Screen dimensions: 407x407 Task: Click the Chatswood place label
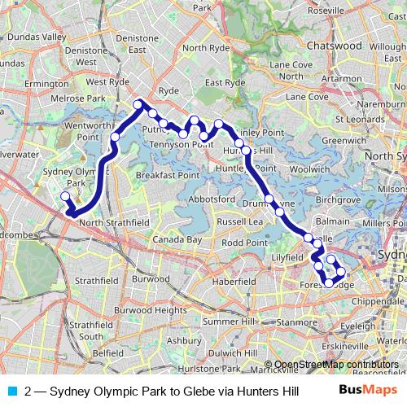coord(335,46)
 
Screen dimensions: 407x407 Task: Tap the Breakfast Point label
coord(168,175)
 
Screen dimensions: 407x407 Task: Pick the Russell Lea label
coord(240,221)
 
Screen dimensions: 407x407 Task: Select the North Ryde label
coord(206,48)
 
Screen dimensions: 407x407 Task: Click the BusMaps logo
coord(367,390)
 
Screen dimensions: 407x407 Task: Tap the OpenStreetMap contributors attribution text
coord(336,364)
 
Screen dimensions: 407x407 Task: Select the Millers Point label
coord(382,223)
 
